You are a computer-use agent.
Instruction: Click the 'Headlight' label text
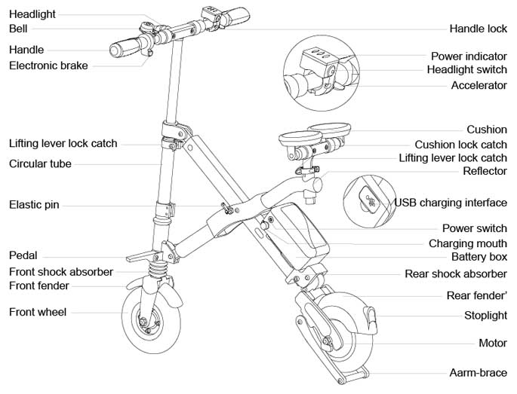tap(32, 14)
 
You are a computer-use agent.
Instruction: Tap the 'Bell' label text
tap(18, 29)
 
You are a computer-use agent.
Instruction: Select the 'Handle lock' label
tap(478, 29)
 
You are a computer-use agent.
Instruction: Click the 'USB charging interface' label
tap(451, 203)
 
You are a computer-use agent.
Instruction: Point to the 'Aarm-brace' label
tap(478, 373)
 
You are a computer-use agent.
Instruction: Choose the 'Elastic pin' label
tap(34, 205)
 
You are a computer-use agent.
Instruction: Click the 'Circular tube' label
tap(41, 163)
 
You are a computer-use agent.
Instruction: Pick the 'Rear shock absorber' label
tap(456, 273)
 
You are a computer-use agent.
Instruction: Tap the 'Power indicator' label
tap(469, 56)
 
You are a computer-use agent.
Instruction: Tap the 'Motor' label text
tap(493, 344)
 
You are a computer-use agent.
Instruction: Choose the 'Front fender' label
tap(38, 286)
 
